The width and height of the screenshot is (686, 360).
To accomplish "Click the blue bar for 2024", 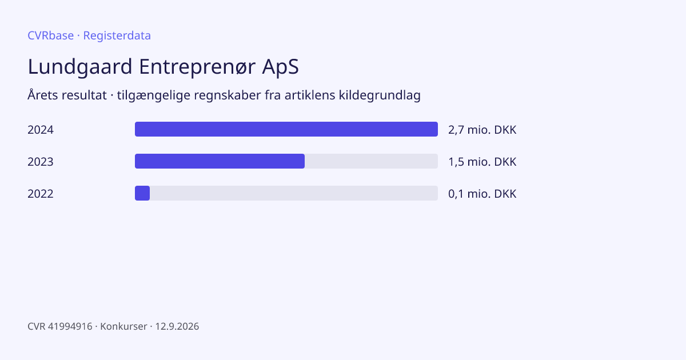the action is [286, 129].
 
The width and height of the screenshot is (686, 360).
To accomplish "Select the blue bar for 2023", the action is [220, 161].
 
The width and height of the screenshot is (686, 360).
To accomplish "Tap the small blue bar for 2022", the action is [142, 193].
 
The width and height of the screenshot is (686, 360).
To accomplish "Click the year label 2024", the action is [41, 130].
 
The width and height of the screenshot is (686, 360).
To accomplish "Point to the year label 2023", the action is [41, 162].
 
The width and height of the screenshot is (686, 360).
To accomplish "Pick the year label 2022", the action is [41, 194].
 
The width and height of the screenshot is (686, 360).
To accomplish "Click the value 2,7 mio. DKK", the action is [482, 130].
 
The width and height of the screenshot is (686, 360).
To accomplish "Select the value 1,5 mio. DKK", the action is [482, 162].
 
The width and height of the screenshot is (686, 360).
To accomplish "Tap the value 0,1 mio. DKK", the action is [482, 194].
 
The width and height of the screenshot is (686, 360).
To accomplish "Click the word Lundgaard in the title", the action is [80, 66].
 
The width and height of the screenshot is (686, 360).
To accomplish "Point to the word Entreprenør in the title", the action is [197, 66].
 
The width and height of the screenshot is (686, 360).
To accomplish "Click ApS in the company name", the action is [280, 66].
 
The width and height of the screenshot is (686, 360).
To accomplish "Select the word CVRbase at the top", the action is [50, 35].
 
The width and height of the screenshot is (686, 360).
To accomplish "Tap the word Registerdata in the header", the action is [117, 35].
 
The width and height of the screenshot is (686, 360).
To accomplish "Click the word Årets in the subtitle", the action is [42, 95].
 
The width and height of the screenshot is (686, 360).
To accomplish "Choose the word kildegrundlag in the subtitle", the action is [380, 95].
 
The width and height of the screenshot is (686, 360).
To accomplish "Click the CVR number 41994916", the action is [70, 326].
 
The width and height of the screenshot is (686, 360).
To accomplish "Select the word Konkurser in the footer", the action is [123, 326].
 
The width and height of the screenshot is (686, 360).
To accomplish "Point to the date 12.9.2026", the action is [177, 326].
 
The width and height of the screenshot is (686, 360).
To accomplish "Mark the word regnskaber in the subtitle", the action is [228, 95].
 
